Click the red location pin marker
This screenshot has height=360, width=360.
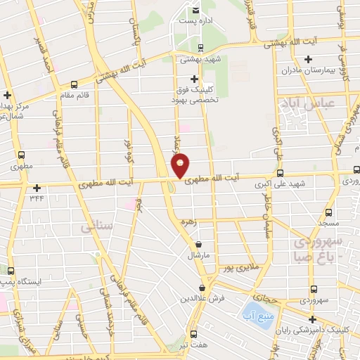(x=181, y=165)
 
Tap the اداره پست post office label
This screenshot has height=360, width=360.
(x=196, y=21)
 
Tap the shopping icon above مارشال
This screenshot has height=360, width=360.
(x=200, y=245)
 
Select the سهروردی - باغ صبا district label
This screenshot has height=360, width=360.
(x=320, y=247)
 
